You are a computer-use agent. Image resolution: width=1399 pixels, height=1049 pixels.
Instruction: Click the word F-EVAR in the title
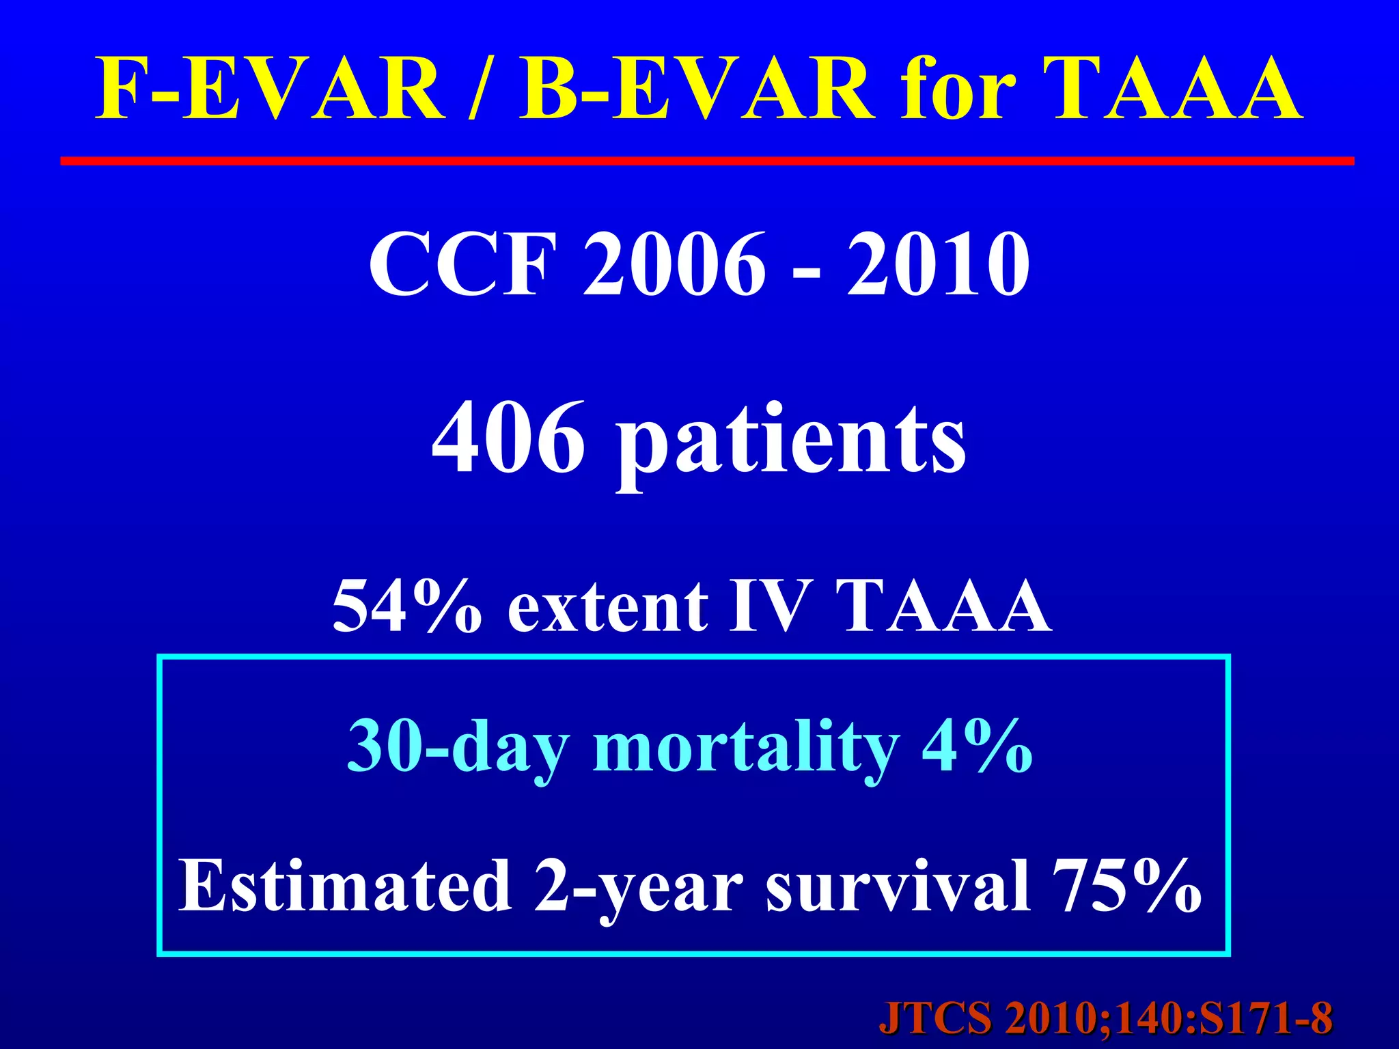[x=270, y=89]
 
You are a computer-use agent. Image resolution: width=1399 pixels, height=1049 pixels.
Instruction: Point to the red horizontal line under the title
[x=707, y=161]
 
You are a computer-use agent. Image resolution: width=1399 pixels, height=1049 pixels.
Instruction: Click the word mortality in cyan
[x=745, y=748]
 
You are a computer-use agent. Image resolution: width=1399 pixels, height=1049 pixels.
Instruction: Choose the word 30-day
[x=458, y=748]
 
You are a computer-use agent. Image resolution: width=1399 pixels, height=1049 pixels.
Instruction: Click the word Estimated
[x=346, y=886]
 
